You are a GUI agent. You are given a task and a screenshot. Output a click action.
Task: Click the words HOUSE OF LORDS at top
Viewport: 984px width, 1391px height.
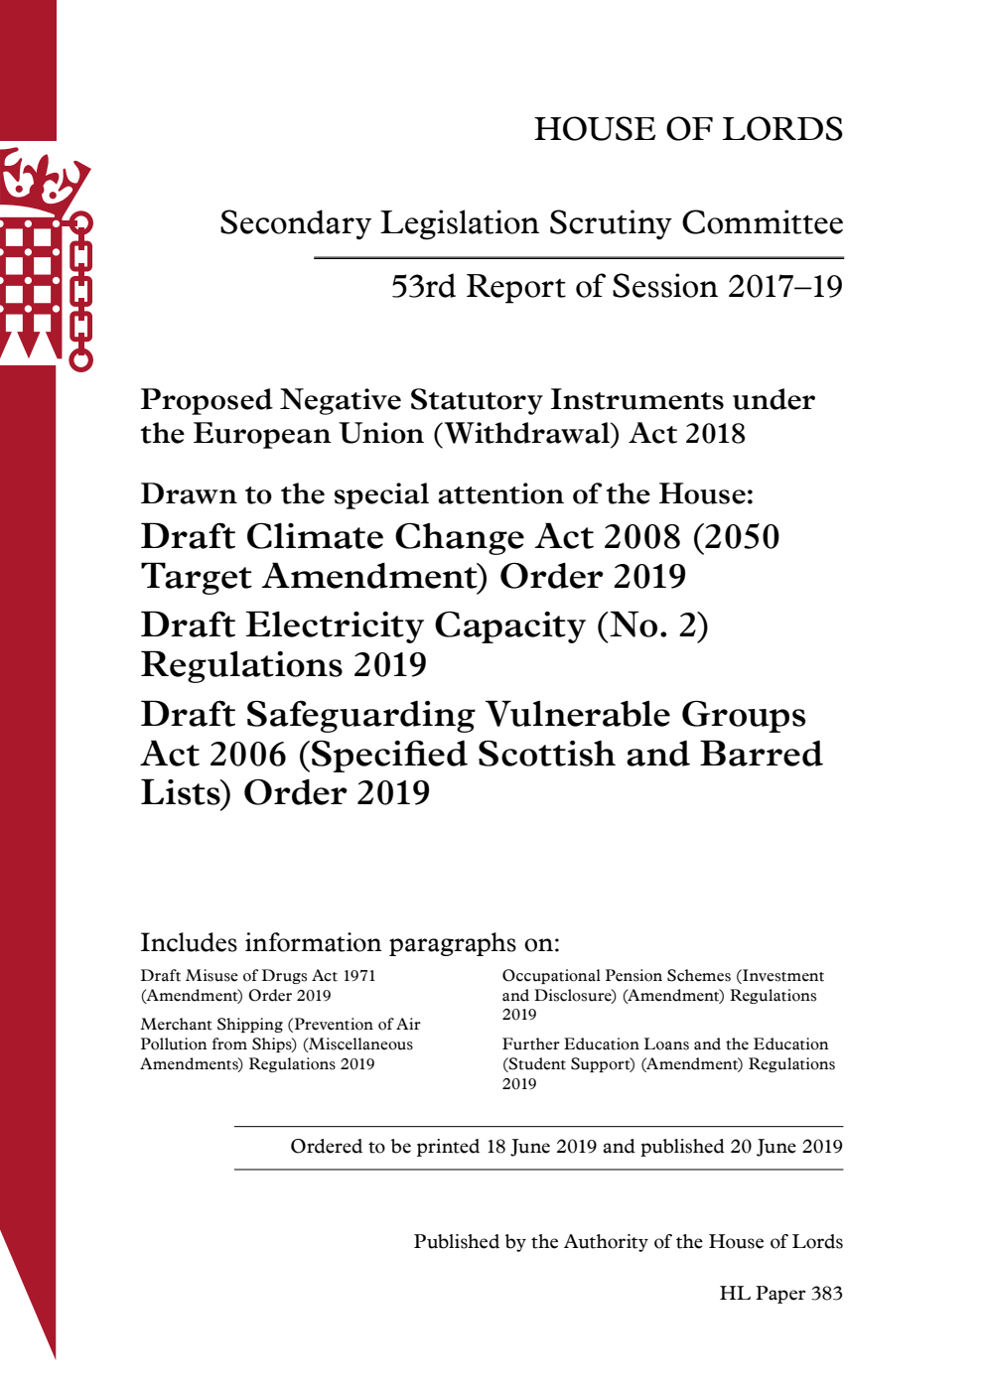click(x=688, y=129)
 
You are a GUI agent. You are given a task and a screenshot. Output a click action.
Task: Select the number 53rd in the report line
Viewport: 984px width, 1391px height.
click(x=423, y=287)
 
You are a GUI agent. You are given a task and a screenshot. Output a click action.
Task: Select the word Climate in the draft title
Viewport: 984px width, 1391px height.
click(x=315, y=537)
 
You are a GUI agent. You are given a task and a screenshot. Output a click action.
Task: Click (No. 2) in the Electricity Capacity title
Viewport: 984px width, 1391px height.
click(x=652, y=626)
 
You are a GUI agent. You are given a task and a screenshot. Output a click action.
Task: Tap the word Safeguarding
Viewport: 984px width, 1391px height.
click(x=360, y=715)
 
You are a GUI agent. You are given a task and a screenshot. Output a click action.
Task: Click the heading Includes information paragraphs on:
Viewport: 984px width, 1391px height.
click(x=350, y=942)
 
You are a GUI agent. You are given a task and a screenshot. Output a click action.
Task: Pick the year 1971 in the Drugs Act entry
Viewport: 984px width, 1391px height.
click(x=359, y=976)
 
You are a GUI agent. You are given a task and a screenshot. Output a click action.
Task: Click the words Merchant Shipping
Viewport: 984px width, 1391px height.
click(x=211, y=1025)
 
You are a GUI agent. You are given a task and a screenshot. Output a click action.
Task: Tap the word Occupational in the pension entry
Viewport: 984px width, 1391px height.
click(x=551, y=976)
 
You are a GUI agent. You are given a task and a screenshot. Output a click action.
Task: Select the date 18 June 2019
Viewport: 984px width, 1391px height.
click(x=541, y=1147)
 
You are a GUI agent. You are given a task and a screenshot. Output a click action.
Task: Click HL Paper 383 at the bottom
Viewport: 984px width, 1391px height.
click(x=780, y=1294)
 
